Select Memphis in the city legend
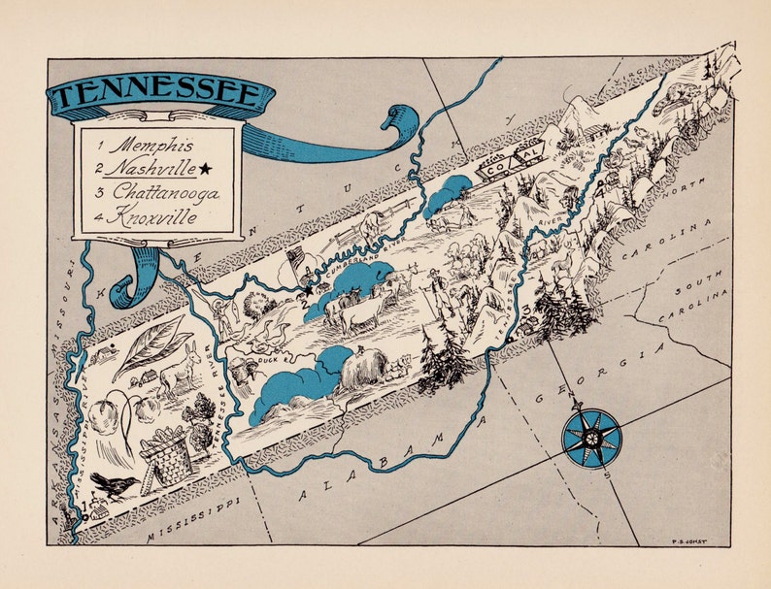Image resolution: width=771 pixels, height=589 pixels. pyautogui.click(x=146, y=145)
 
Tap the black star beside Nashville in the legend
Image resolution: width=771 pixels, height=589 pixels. pyautogui.click(x=205, y=169)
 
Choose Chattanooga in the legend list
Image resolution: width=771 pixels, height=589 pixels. pyautogui.click(x=154, y=192)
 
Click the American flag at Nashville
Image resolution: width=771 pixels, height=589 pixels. pyautogui.click(x=296, y=260)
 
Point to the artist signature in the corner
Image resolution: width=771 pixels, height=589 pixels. pyautogui.click(x=688, y=532)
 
